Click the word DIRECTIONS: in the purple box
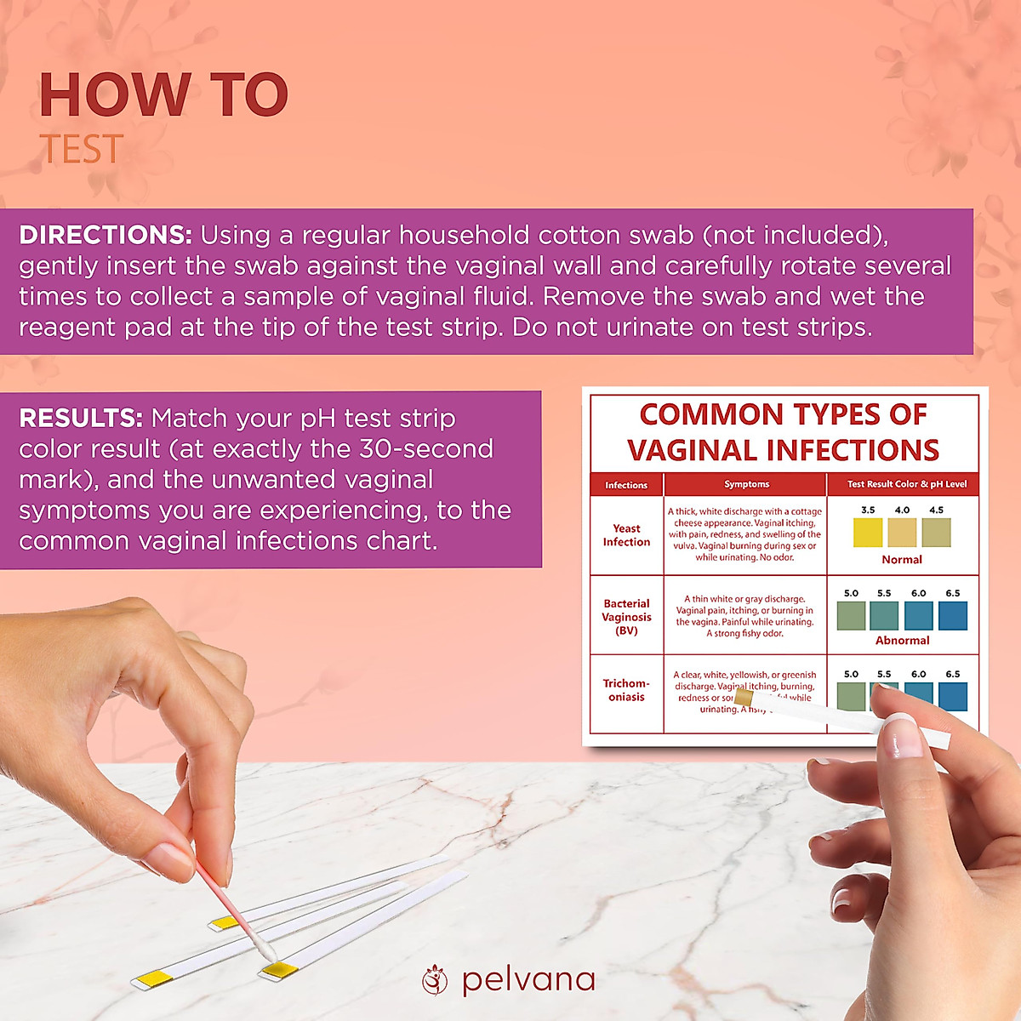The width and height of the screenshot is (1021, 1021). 105,236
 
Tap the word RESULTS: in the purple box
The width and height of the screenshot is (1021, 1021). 81,419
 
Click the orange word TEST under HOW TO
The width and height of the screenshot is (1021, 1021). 82,150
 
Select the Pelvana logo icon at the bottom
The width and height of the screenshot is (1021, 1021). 435,980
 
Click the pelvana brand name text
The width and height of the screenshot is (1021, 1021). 528,980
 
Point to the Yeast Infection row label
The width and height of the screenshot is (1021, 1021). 626,535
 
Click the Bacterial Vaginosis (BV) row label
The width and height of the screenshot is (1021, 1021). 626,617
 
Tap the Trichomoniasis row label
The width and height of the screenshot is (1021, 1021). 626,690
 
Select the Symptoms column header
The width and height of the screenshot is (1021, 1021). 746,484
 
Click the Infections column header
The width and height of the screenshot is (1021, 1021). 626,485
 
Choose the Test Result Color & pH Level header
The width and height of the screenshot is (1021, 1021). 907,484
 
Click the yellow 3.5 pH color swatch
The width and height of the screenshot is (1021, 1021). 868,533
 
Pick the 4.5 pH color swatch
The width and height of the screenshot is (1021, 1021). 936,533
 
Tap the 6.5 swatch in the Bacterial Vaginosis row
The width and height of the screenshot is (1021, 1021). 953,615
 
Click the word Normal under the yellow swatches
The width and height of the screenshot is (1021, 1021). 902,560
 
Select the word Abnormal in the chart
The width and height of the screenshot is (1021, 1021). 903,641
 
